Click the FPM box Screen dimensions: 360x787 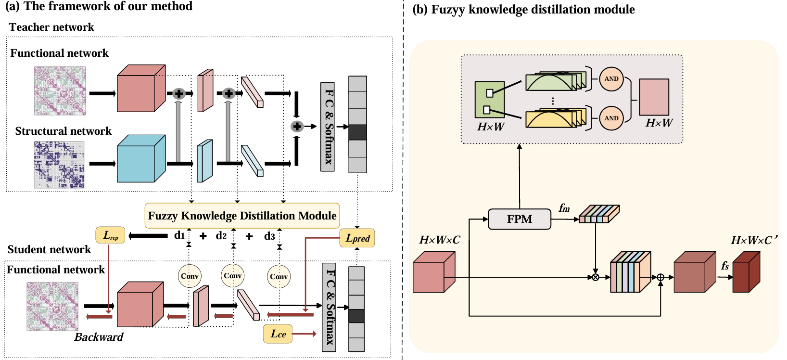pyautogui.click(x=520, y=219)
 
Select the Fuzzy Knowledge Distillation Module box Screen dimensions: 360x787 pyautogui.click(x=242, y=216)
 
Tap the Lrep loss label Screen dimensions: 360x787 pyautogui.click(x=111, y=235)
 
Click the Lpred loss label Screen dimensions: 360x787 pyautogui.click(x=357, y=238)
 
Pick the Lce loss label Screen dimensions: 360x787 pyautogui.click(x=278, y=334)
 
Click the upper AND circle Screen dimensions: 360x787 pyautogui.click(x=611, y=79)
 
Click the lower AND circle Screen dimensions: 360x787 pyautogui.click(x=611, y=118)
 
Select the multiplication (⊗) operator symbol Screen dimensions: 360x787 pyautogui.click(x=596, y=277)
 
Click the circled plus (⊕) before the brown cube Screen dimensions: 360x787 pyautogui.click(x=660, y=277)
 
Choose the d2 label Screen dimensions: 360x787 pyautogui.click(x=221, y=236)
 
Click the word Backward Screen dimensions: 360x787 pyautogui.click(x=99, y=337)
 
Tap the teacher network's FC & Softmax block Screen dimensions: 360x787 pyautogui.click(x=328, y=127)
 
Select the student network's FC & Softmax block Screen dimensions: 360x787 pyautogui.click(x=329, y=308)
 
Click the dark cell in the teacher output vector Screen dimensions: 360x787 pyautogui.click(x=357, y=132)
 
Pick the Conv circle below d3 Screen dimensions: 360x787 pyautogui.click(x=279, y=276)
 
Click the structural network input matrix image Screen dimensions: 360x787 pyautogui.click(x=60, y=165)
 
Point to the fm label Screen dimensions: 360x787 pyautogui.click(x=564, y=208)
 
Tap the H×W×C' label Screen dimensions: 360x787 pyautogui.click(x=754, y=240)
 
